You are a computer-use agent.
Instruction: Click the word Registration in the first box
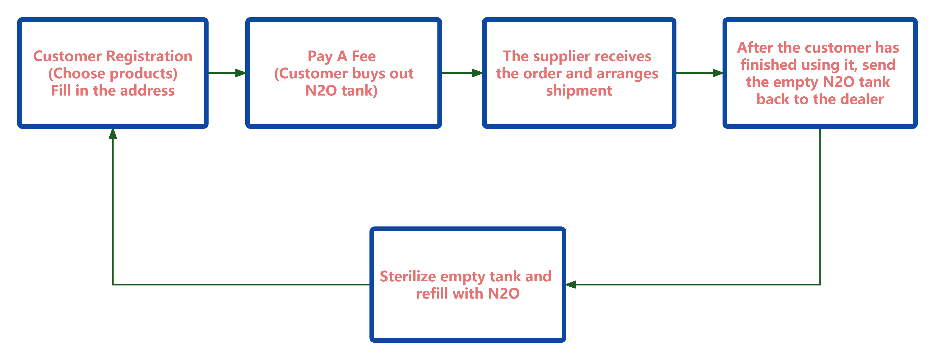pyautogui.click(x=149, y=56)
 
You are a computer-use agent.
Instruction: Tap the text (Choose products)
pyautogui.click(x=113, y=74)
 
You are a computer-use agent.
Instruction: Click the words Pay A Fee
pyautogui.click(x=342, y=56)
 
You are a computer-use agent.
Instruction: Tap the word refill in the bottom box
pyautogui.click(x=431, y=294)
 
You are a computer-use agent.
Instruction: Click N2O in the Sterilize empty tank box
pyautogui.click(x=504, y=294)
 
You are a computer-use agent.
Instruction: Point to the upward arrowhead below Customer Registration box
pyautogui.click(x=113, y=134)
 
